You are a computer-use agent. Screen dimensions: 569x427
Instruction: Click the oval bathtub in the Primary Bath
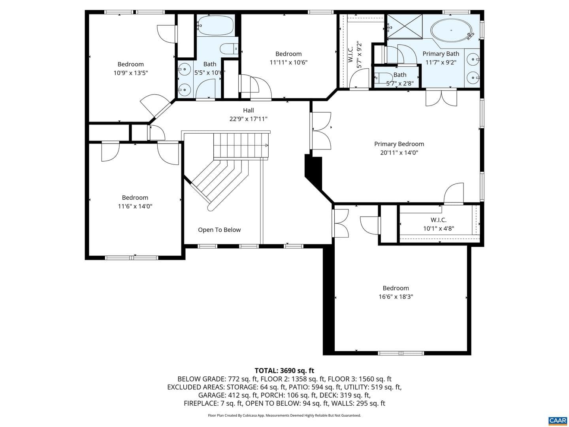tap(451, 30)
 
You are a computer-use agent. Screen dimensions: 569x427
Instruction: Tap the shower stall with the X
tap(405, 26)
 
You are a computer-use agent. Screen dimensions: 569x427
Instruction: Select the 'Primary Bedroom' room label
tap(399, 144)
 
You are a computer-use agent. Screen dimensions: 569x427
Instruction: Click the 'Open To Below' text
tap(219, 230)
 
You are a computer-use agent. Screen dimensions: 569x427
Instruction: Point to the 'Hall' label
tap(248, 110)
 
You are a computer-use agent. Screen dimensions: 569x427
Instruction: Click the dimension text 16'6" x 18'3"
tap(396, 297)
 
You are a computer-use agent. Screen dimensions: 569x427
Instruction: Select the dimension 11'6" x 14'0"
tap(135, 206)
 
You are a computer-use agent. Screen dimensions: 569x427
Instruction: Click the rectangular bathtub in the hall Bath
tap(215, 25)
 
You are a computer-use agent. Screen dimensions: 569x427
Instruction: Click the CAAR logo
tap(557, 420)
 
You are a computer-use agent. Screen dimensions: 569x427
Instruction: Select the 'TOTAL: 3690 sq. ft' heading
tap(284, 370)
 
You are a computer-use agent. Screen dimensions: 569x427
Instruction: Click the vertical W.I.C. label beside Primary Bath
tap(350, 55)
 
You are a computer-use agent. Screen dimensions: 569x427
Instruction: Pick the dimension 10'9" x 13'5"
tap(131, 73)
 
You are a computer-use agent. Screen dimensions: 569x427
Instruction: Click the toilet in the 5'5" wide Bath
tap(229, 49)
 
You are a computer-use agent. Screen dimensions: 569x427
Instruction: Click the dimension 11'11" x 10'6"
tap(288, 62)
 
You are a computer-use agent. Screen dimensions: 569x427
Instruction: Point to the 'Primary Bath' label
tap(441, 54)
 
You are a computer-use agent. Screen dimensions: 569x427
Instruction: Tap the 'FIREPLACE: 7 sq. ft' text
tap(213, 403)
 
